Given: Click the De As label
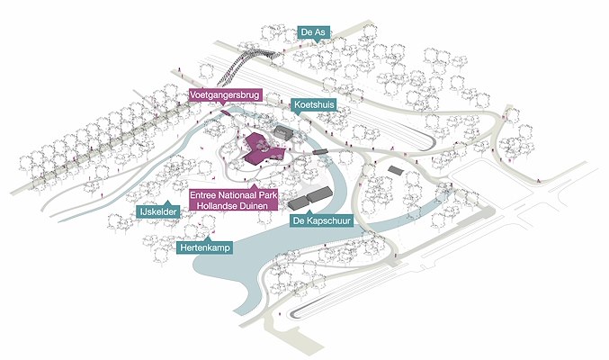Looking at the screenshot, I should coord(312,31).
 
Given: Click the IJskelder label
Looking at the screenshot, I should coord(158,211).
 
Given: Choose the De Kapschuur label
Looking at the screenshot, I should coord(321,219).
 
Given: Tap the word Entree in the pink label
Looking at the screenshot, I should coord(206,193).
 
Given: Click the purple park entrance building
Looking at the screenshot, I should coord(262,148).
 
